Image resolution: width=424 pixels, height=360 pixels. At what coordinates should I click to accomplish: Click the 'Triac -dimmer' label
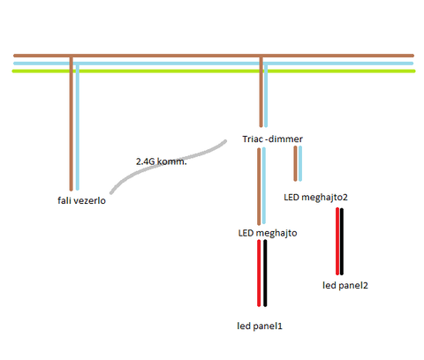(x=272, y=139)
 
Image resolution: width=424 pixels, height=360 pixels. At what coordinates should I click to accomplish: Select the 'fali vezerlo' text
(x=81, y=200)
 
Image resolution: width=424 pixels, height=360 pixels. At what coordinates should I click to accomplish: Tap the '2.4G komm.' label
(x=162, y=161)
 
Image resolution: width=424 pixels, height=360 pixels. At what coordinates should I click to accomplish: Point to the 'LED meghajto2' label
(x=315, y=197)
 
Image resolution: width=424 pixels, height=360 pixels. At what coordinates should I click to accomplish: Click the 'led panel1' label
(x=260, y=326)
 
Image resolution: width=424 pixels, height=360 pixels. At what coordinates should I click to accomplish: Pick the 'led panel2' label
(x=345, y=285)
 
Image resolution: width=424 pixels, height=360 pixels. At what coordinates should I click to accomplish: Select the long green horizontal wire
(x=214, y=71)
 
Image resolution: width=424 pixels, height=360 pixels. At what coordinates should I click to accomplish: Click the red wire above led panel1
(x=259, y=273)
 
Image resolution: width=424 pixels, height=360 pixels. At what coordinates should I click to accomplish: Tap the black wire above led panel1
(x=265, y=273)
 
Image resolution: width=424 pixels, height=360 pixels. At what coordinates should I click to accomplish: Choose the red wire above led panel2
(x=337, y=241)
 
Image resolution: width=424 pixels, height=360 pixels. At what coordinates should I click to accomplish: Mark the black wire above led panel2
(x=342, y=241)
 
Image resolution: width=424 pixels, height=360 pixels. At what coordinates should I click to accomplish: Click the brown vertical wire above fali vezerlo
(x=71, y=124)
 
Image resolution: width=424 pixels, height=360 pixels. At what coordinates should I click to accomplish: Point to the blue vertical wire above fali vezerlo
(x=78, y=127)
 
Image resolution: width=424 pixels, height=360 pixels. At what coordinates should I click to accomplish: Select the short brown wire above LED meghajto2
(x=295, y=163)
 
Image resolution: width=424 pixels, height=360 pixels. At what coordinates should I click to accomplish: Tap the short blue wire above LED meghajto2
(x=300, y=163)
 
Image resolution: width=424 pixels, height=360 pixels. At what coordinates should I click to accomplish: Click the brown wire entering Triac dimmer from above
(x=261, y=92)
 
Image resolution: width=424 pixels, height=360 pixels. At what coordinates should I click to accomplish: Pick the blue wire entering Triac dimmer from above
(x=266, y=95)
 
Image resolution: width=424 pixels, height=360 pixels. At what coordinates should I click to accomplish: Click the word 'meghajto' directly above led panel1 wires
(x=276, y=233)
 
